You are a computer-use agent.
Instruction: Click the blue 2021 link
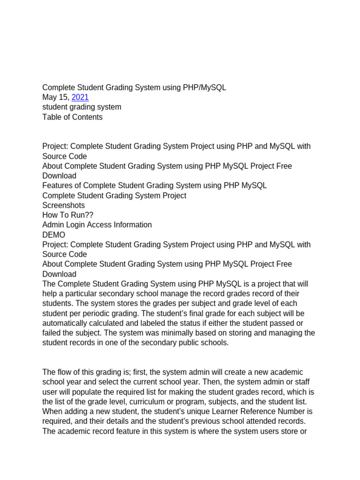click(80, 97)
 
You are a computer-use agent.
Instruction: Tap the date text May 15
click(56, 97)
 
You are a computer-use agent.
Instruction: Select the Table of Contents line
click(72, 117)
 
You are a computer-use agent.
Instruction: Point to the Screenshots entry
click(64, 205)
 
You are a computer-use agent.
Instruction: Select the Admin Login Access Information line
click(97, 225)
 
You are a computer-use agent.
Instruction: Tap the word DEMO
click(54, 235)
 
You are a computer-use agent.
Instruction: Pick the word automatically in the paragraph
click(65, 323)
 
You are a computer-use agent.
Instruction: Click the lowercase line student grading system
click(82, 107)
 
